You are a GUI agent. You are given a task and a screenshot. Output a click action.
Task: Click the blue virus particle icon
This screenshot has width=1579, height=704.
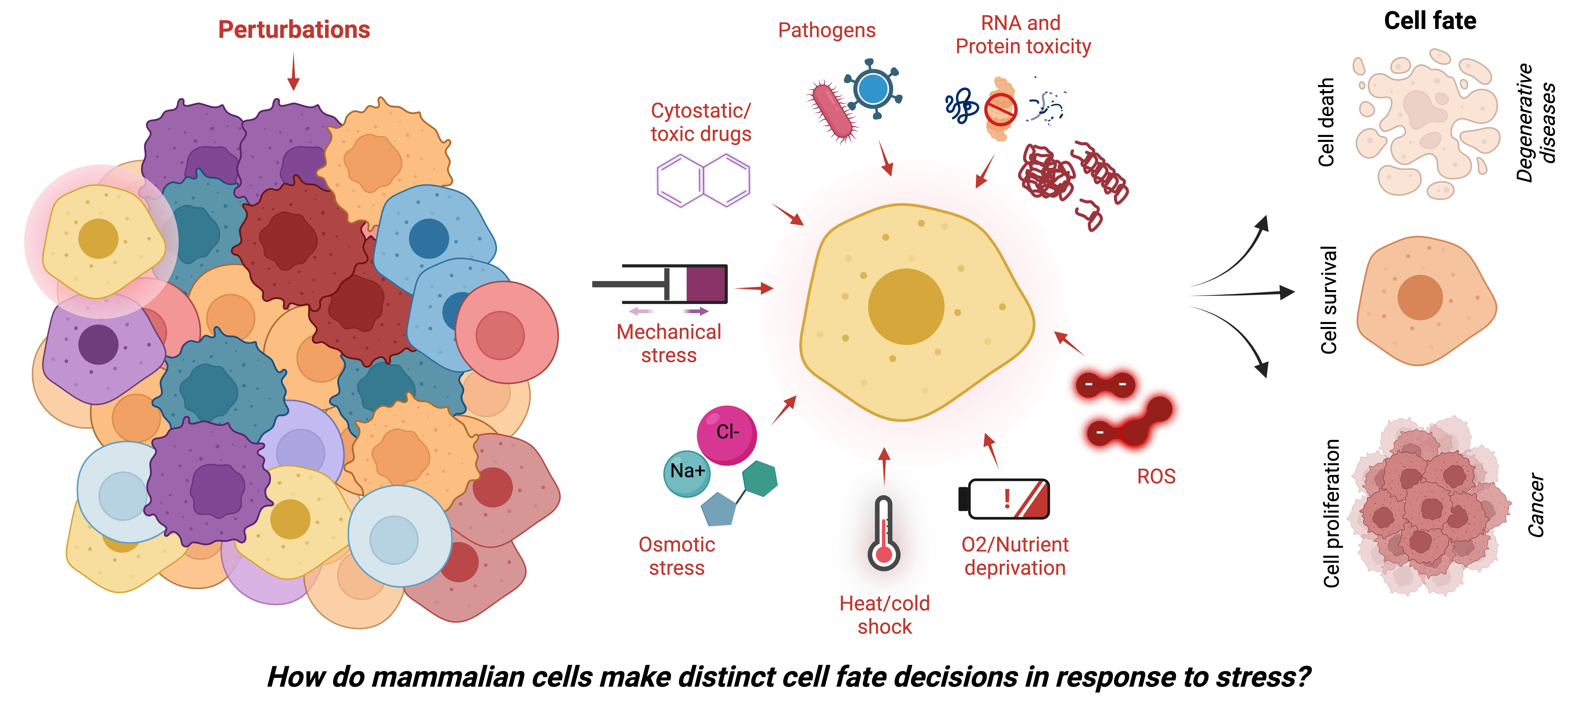point(873,90)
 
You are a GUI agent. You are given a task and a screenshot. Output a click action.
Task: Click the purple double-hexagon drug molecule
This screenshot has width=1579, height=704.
point(703,180)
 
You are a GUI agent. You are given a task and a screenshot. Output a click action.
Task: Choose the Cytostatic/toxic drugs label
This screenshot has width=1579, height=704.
point(701,122)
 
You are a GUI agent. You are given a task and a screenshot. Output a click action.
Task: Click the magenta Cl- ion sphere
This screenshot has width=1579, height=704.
point(727,434)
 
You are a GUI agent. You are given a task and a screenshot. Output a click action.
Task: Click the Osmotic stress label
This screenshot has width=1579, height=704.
point(677,555)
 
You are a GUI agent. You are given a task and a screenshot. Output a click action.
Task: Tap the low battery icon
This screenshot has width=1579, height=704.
point(1004,499)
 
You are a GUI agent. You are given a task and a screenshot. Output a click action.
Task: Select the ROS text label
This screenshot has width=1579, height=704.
point(1156,477)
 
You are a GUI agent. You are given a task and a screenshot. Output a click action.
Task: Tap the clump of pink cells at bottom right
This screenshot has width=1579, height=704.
point(1428,506)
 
